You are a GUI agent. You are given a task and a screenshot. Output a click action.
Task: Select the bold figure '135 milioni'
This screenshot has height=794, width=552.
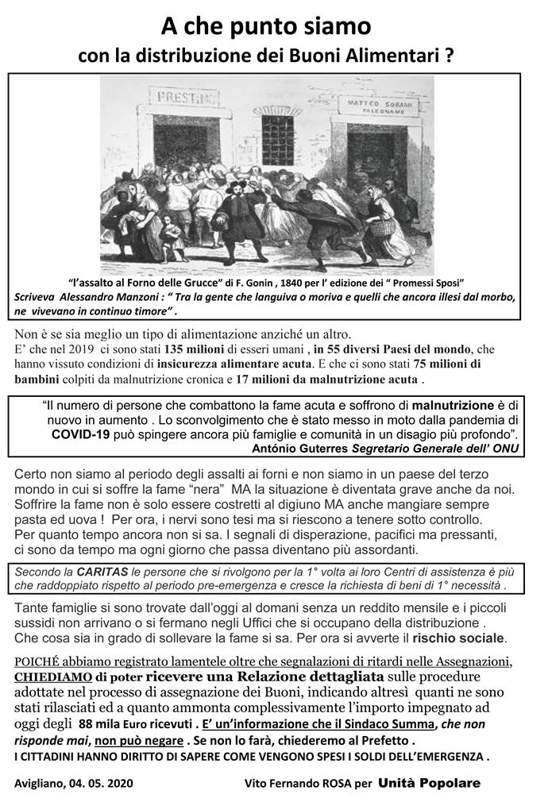tap(198, 349)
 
